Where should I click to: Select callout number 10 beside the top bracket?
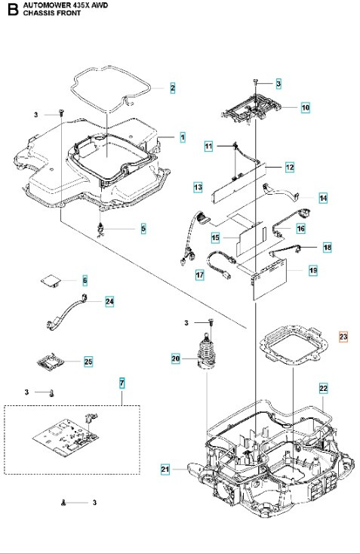click(306, 107)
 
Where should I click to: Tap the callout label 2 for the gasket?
click(172, 88)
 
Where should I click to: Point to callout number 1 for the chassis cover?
click(183, 137)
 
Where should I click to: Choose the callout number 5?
click(143, 227)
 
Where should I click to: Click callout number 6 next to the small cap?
click(85, 280)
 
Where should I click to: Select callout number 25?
click(88, 362)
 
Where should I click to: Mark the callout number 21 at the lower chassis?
click(165, 469)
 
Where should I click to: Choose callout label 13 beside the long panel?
click(198, 186)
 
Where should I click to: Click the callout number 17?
click(200, 275)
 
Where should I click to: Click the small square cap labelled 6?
click(51, 280)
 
